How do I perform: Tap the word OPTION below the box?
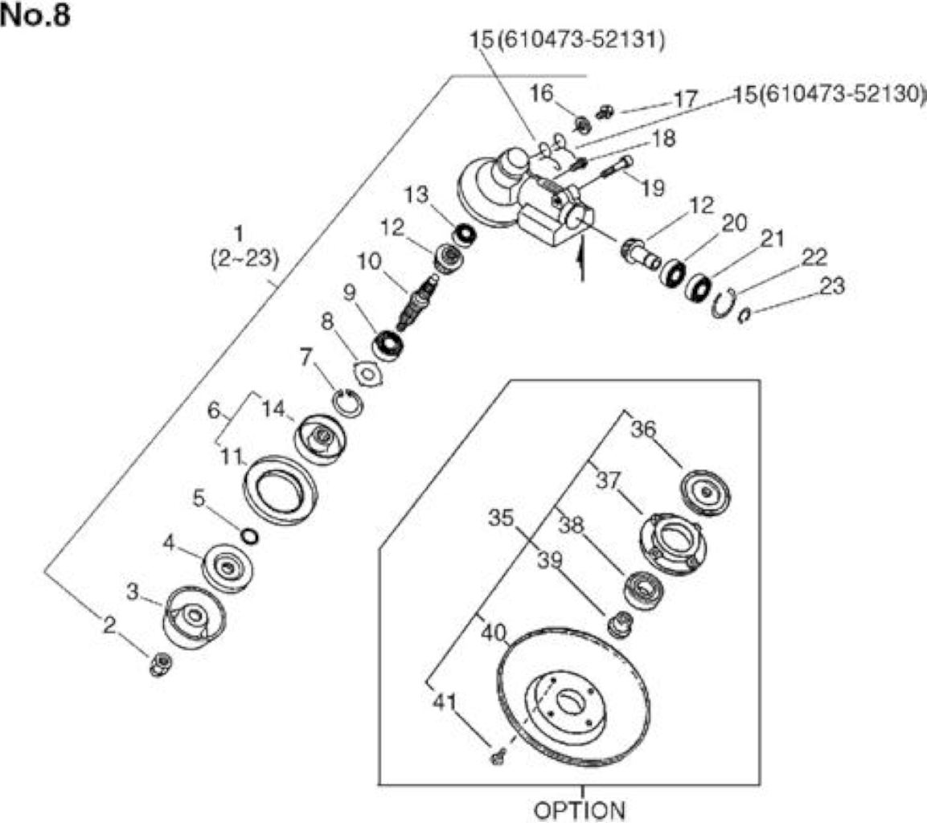(579, 810)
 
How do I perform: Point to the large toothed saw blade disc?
(572, 696)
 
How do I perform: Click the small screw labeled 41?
(497, 757)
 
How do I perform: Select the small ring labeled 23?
(744, 317)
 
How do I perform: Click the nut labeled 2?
(160, 664)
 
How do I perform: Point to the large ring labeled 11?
(281, 489)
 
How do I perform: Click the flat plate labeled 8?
(367, 375)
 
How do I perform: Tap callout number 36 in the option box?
(643, 428)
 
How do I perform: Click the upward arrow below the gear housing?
(582, 257)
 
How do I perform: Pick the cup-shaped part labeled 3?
(193, 617)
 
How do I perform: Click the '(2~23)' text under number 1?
(244, 259)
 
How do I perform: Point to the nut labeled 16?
(583, 125)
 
